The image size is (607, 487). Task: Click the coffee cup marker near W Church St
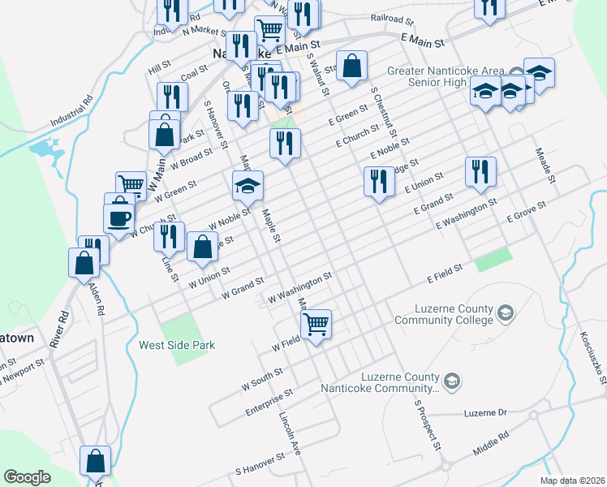119,218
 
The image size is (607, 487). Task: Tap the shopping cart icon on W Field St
316,323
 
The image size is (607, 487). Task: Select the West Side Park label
177,345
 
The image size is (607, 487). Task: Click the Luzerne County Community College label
443,314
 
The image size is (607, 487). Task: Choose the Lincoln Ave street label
290,435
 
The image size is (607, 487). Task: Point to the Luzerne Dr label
485,412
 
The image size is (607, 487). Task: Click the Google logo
27,476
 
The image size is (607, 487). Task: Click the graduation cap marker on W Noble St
248,186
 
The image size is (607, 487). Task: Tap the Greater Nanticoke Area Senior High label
437,77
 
